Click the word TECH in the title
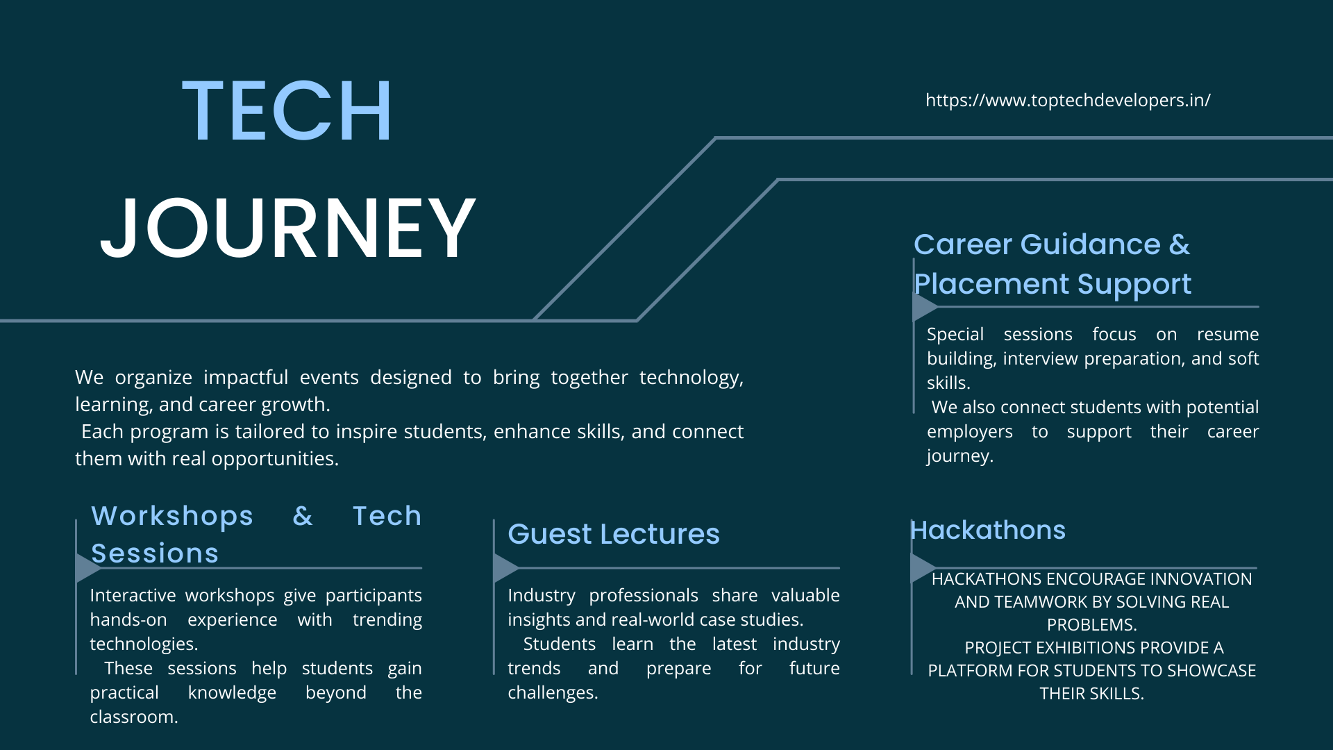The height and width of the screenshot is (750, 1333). pos(287,111)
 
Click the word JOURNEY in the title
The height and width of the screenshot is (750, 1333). pos(288,228)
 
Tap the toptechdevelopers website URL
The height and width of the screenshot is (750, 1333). pos(1068,101)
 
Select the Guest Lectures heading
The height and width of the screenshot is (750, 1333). pos(614,534)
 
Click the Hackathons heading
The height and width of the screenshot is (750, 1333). pos(987,530)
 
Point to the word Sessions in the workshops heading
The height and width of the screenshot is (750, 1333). pos(155,553)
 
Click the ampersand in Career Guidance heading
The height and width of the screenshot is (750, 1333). pos(1179,244)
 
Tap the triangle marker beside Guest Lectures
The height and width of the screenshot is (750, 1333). pos(505,567)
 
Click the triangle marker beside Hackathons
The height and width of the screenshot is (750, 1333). pos(923,567)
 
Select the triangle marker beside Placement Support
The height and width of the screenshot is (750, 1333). pos(925,306)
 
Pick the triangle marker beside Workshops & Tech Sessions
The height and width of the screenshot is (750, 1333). pos(88,567)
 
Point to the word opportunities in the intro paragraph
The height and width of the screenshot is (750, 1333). pos(275,459)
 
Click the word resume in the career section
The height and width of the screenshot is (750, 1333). pos(1227,334)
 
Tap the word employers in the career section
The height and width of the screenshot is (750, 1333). pos(970,432)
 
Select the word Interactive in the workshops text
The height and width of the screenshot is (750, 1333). pos(133,595)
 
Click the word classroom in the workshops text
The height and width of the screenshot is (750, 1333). pos(134,717)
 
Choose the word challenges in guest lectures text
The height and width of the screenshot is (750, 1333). pos(553,692)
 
